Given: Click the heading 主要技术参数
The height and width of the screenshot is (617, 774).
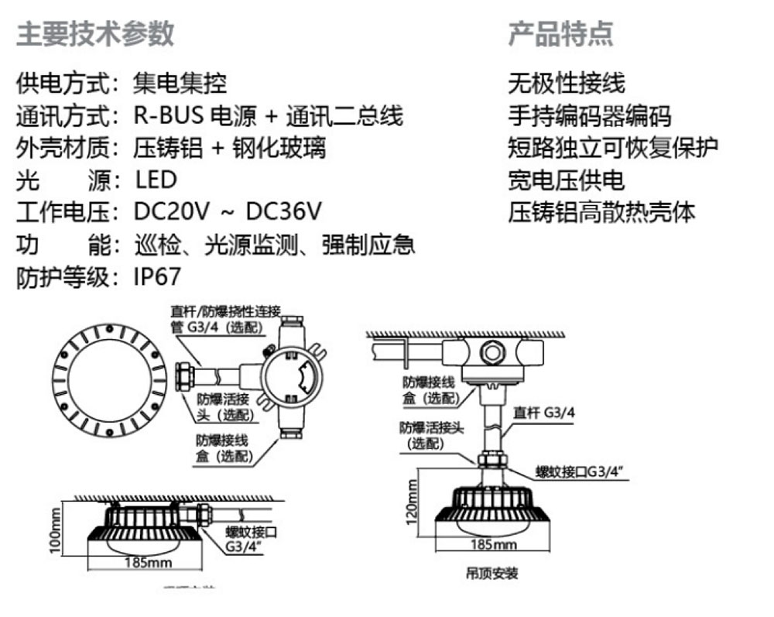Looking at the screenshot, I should click(x=95, y=34).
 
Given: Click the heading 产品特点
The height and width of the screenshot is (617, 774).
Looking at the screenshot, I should click(x=560, y=34).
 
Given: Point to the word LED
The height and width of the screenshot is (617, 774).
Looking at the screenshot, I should click(x=156, y=180).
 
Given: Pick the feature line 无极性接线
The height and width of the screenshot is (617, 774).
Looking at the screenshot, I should click(x=566, y=82).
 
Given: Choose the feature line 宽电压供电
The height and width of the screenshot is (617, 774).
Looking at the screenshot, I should click(x=566, y=180).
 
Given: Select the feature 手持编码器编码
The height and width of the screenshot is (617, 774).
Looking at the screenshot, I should click(x=589, y=116).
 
